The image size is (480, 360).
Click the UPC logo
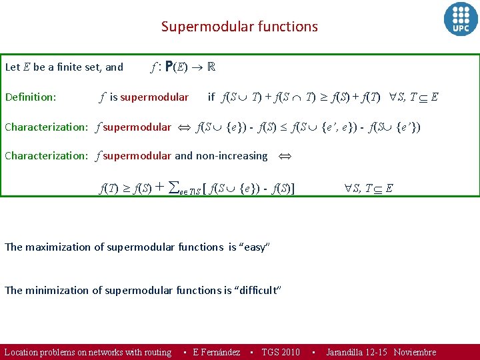pyautogui.click(x=461, y=19)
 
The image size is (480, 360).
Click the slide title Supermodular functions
pyautogui.click(x=239, y=27)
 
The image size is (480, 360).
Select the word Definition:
pyautogui.click(x=30, y=97)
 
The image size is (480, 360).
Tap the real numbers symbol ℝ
pyautogui.click(x=211, y=67)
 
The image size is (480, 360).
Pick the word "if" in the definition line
pyautogui.click(x=211, y=97)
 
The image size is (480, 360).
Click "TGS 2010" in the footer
pyautogui.click(x=281, y=352)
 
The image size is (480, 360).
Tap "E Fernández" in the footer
pyautogui.click(x=216, y=352)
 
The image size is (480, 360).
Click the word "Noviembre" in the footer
pyautogui.click(x=415, y=352)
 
